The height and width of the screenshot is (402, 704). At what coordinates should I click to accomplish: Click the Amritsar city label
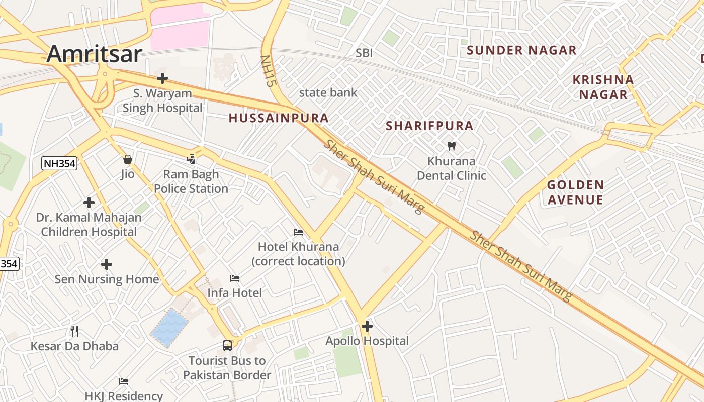click(95, 54)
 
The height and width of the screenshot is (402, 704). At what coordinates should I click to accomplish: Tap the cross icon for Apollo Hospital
click(367, 326)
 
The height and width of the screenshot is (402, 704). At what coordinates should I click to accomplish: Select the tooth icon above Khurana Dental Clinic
click(451, 146)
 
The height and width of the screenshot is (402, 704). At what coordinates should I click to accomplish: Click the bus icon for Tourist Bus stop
click(227, 346)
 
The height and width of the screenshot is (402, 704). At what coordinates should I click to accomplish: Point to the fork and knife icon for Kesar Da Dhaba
click(74, 331)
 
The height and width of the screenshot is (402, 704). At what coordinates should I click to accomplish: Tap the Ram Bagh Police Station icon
click(191, 159)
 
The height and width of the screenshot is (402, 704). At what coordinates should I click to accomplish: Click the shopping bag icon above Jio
click(128, 159)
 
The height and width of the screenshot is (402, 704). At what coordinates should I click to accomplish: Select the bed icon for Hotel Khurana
click(298, 232)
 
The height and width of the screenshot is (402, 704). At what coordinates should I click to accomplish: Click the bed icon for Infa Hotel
click(235, 278)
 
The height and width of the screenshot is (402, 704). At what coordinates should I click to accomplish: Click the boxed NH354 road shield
click(59, 163)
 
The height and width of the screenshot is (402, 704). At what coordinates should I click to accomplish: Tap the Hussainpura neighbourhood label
click(279, 118)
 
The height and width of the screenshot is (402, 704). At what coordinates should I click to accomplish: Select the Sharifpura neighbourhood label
click(429, 126)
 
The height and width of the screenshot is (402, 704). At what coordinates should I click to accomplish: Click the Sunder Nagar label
click(521, 50)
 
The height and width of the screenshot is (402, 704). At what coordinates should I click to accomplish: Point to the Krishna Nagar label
click(603, 87)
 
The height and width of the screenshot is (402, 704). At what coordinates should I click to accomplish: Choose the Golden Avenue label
click(575, 192)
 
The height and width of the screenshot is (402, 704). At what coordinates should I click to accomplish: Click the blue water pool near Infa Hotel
click(169, 328)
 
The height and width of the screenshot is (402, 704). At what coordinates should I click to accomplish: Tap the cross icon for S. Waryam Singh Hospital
click(162, 78)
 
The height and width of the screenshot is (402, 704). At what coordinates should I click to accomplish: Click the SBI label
click(364, 53)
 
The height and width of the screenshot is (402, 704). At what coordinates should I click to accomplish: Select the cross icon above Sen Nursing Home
click(107, 264)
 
